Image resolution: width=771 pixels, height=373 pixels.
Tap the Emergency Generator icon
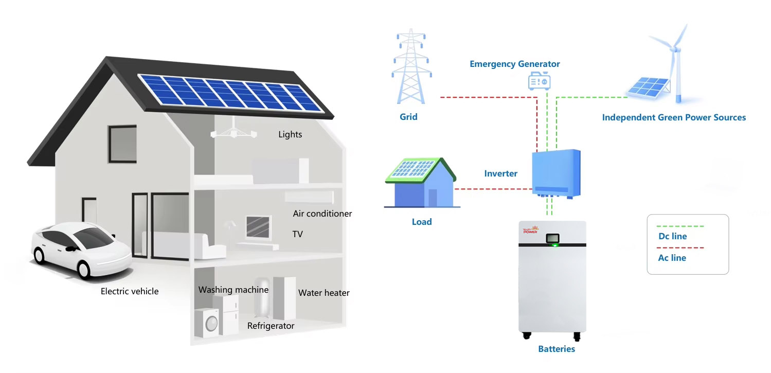(x=540, y=81)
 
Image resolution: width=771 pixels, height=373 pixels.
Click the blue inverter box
(x=555, y=173)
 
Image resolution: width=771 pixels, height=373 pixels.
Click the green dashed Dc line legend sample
(x=680, y=226)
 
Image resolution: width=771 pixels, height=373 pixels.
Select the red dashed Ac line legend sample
(x=680, y=248)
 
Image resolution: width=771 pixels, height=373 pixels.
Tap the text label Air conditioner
(x=322, y=214)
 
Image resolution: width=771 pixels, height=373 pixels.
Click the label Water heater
(x=324, y=293)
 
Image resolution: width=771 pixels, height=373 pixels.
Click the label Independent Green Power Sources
(x=673, y=117)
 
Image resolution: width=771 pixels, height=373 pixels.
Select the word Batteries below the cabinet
(x=556, y=349)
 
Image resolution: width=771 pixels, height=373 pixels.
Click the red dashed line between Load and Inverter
(x=491, y=189)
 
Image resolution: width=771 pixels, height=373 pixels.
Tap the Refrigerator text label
(x=271, y=326)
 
